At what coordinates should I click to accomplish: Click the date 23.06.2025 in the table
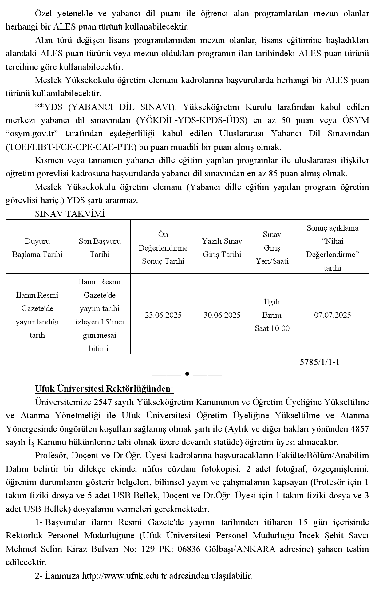pyautogui.click(x=163, y=315)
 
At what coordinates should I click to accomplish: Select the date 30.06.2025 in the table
pyautogui.click(x=222, y=315)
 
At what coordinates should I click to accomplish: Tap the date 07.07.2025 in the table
pyautogui.click(x=333, y=315)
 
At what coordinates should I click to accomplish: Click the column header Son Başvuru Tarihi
pyautogui.click(x=100, y=248)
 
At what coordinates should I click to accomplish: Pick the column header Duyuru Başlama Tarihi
pyautogui.click(x=37, y=248)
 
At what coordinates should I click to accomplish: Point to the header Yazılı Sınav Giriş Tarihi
pyautogui.click(x=222, y=248)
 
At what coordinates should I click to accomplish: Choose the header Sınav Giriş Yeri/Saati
pyautogui.click(x=272, y=248)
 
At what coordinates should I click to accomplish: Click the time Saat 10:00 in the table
pyautogui.click(x=272, y=328)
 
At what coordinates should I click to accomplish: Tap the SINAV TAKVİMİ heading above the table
pyautogui.click(x=70, y=214)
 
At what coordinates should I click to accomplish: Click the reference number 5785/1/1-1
pyautogui.click(x=320, y=362)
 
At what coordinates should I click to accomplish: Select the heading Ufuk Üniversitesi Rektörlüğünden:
pyautogui.click(x=104, y=389)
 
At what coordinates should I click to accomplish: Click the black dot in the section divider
pyautogui.click(x=187, y=374)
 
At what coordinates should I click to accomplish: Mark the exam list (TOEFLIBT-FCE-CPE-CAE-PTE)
pyautogui.click(x=71, y=147)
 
